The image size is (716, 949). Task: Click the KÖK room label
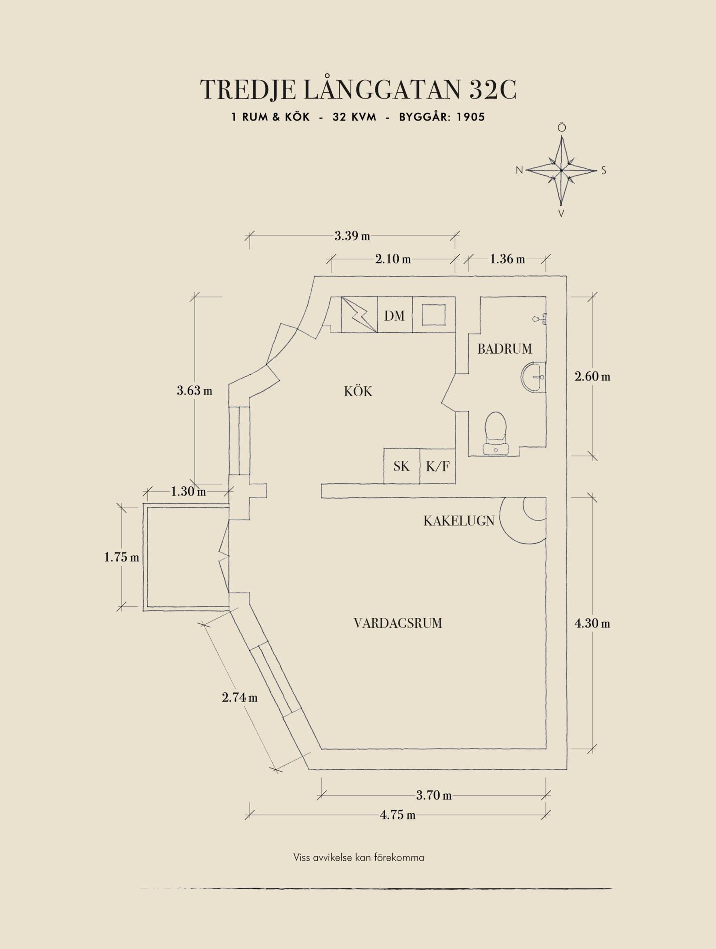click(358, 391)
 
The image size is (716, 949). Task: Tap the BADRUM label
click(505, 349)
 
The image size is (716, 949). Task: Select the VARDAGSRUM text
click(397, 623)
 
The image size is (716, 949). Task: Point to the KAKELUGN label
click(459, 521)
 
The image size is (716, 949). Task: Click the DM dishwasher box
click(395, 315)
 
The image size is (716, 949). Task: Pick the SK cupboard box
click(402, 466)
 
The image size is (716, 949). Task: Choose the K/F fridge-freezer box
click(438, 466)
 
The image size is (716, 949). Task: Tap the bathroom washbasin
click(534, 377)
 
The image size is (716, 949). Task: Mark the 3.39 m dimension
click(352, 236)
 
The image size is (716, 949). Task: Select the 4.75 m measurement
click(398, 815)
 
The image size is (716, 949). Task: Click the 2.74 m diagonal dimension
click(240, 697)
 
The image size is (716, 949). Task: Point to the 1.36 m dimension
click(507, 259)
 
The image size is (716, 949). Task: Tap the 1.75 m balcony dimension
click(121, 558)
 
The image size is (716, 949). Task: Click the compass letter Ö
click(562, 128)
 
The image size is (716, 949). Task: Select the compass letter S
click(603, 170)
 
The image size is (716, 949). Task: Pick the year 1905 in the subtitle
click(471, 117)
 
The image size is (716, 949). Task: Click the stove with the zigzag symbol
click(360, 315)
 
